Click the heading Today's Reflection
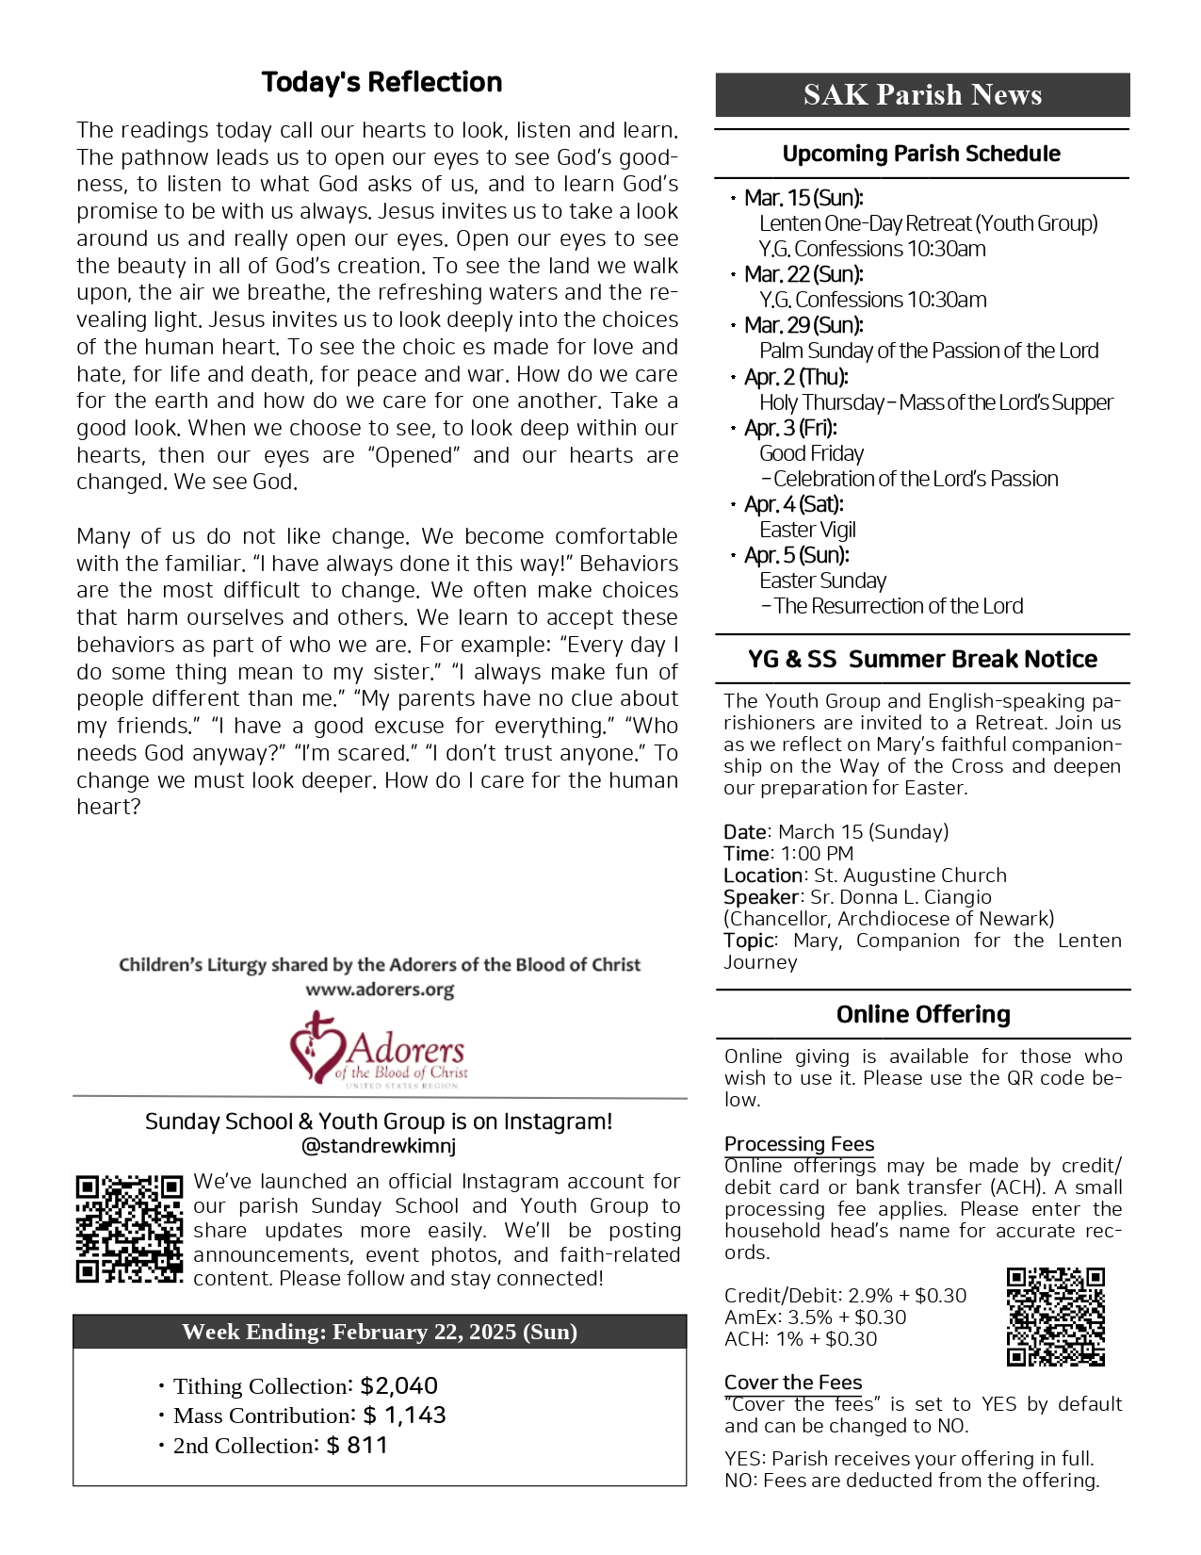pyautogui.click(x=381, y=83)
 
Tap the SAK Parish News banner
pyautogui.click(x=922, y=94)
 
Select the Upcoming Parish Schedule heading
pyautogui.click(x=921, y=154)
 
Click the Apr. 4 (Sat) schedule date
pyautogui.click(x=793, y=504)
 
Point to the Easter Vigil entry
pyautogui.click(x=807, y=530)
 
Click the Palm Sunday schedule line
pyautogui.click(x=929, y=351)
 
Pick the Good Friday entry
pyautogui.click(x=811, y=453)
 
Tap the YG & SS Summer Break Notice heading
pyautogui.click(x=922, y=659)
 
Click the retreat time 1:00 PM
pyautogui.click(x=817, y=854)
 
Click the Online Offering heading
pyautogui.click(x=923, y=1014)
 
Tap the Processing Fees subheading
pyautogui.click(x=799, y=1144)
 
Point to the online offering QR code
pyautogui.click(x=1055, y=1317)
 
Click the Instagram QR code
pyautogui.click(x=129, y=1229)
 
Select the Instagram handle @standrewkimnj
pyautogui.click(x=379, y=1147)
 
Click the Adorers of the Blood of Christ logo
pyautogui.click(x=379, y=1050)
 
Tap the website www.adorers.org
pyautogui.click(x=380, y=990)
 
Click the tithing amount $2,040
pyautogui.click(x=398, y=1386)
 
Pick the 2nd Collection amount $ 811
pyautogui.click(x=357, y=1446)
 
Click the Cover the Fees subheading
pyautogui.click(x=793, y=1383)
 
